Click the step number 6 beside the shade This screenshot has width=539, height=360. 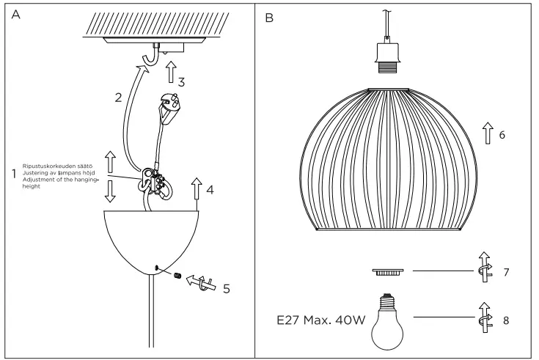(x=502, y=136)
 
